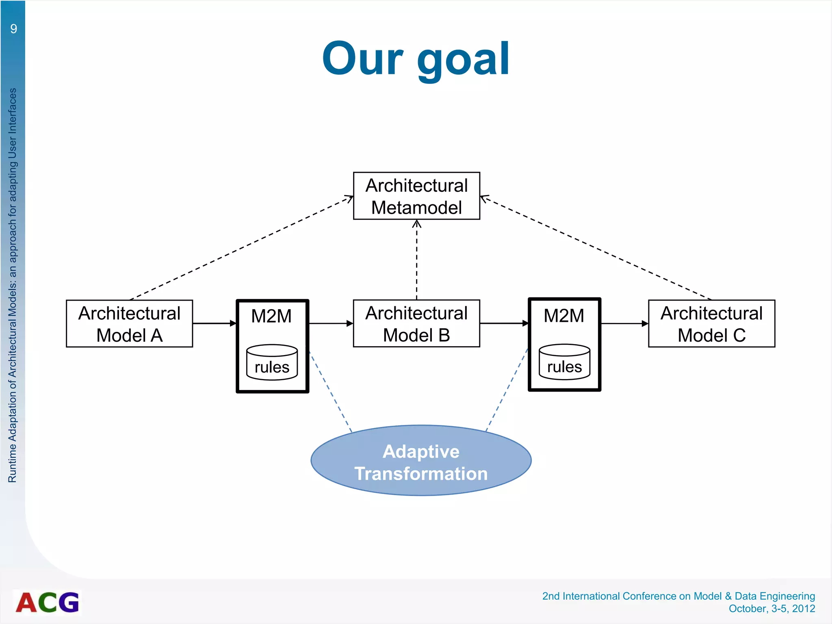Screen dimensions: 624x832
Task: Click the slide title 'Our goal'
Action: tap(416, 59)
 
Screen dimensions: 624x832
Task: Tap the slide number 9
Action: tap(14, 29)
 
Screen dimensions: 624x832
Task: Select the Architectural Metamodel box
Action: tap(416, 196)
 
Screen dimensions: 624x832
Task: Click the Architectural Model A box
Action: tap(129, 324)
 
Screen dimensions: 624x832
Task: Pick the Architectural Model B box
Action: tap(416, 324)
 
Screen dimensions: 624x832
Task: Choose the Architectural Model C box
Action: tap(711, 324)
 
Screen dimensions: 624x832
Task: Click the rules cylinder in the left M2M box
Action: tap(272, 362)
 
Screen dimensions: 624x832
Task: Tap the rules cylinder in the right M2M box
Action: tap(564, 362)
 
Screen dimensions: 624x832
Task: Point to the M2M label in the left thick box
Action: tap(271, 316)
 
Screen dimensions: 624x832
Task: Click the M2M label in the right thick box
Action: tap(564, 316)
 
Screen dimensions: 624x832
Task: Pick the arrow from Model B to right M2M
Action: tap(504, 323)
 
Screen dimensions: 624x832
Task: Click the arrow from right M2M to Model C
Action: tap(624, 323)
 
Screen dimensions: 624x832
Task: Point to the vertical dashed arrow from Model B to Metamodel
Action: tap(416, 260)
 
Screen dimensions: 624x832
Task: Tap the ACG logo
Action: tap(48, 602)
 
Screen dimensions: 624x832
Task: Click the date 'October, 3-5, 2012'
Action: tap(771, 609)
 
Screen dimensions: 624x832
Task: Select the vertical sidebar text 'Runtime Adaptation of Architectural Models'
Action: tap(13, 284)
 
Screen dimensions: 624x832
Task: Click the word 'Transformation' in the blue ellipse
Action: tap(421, 474)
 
